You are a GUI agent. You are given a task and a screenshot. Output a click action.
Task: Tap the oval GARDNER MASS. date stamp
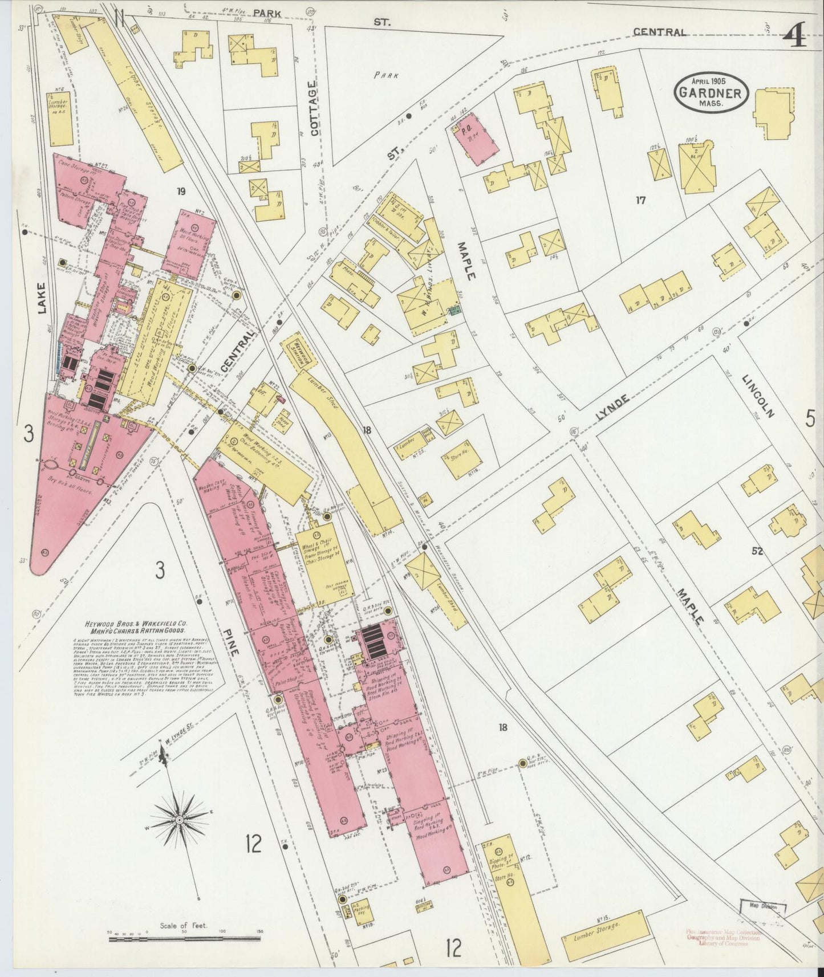click(710, 92)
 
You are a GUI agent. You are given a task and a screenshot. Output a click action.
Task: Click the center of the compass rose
click(179, 819)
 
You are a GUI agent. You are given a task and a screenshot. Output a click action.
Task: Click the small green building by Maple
click(454, 310)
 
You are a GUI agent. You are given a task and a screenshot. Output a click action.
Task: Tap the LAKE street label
click(41, 299)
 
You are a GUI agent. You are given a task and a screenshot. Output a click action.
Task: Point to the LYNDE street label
click(612, 408)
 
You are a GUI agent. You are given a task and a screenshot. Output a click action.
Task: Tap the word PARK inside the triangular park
click(386, 75)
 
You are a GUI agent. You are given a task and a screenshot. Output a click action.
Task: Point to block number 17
click(641, 200)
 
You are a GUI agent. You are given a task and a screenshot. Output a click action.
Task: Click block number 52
click(757, 551)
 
